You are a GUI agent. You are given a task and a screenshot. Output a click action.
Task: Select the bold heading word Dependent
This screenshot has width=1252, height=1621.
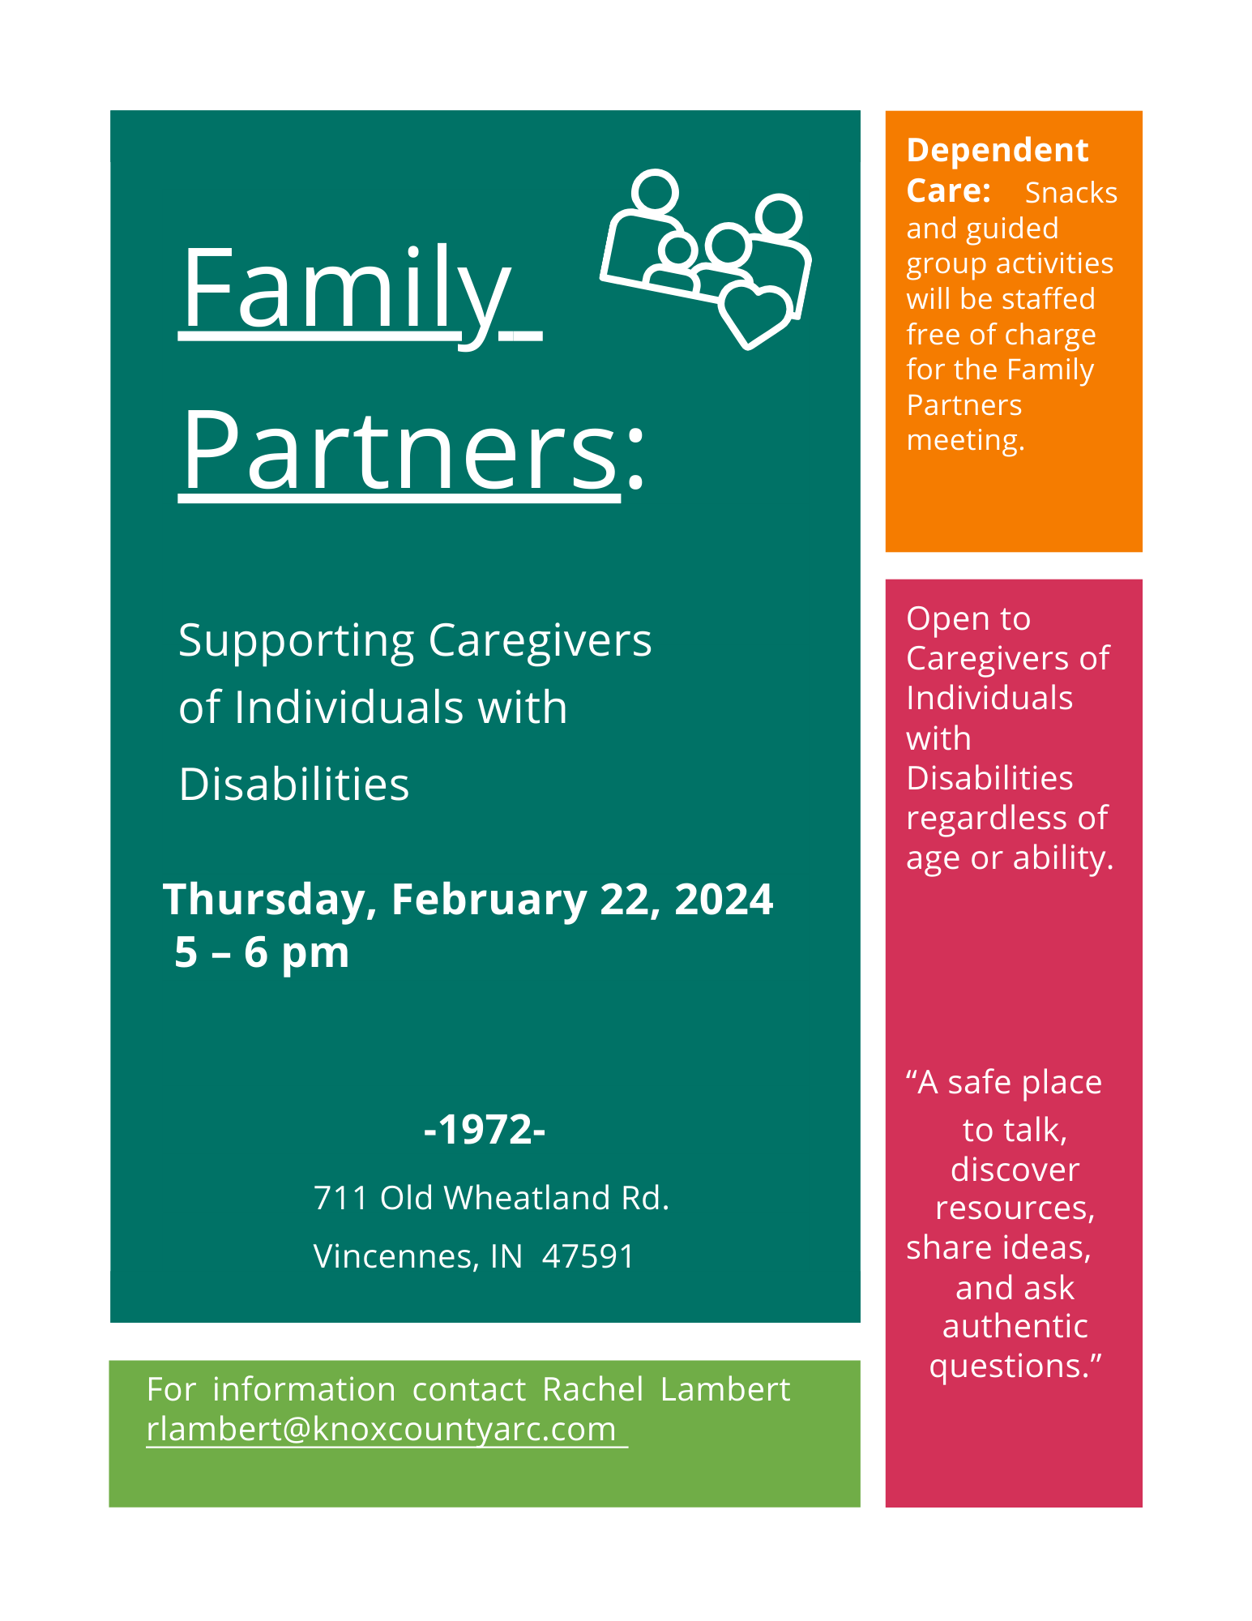[998, 151]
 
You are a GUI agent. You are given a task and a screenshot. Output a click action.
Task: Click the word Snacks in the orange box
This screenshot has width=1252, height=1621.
[1071, 193]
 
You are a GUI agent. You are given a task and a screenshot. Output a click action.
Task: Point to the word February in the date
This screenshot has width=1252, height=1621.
[489, 900]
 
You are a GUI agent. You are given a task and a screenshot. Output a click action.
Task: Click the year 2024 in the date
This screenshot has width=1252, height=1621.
[724, 900]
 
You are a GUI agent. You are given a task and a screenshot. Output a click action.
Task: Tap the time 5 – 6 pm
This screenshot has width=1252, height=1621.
[262, 952]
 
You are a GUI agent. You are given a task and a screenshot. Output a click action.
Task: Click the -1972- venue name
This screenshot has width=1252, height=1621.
[485, 1129]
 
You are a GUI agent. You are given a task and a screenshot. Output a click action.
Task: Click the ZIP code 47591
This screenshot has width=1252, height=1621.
[588, 1256]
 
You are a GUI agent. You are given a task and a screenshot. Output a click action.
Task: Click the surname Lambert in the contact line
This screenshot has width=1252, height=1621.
[725, 1389]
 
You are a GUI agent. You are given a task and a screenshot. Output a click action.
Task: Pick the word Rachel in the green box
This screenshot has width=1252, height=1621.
[593, 1389]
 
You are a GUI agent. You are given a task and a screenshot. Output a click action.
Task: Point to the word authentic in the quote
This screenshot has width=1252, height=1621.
[1015, 1327]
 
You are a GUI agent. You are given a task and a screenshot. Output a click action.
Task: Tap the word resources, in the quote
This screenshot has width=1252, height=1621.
[1015, 1208]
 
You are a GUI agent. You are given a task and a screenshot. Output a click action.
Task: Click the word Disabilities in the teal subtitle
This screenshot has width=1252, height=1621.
[294, 785]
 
